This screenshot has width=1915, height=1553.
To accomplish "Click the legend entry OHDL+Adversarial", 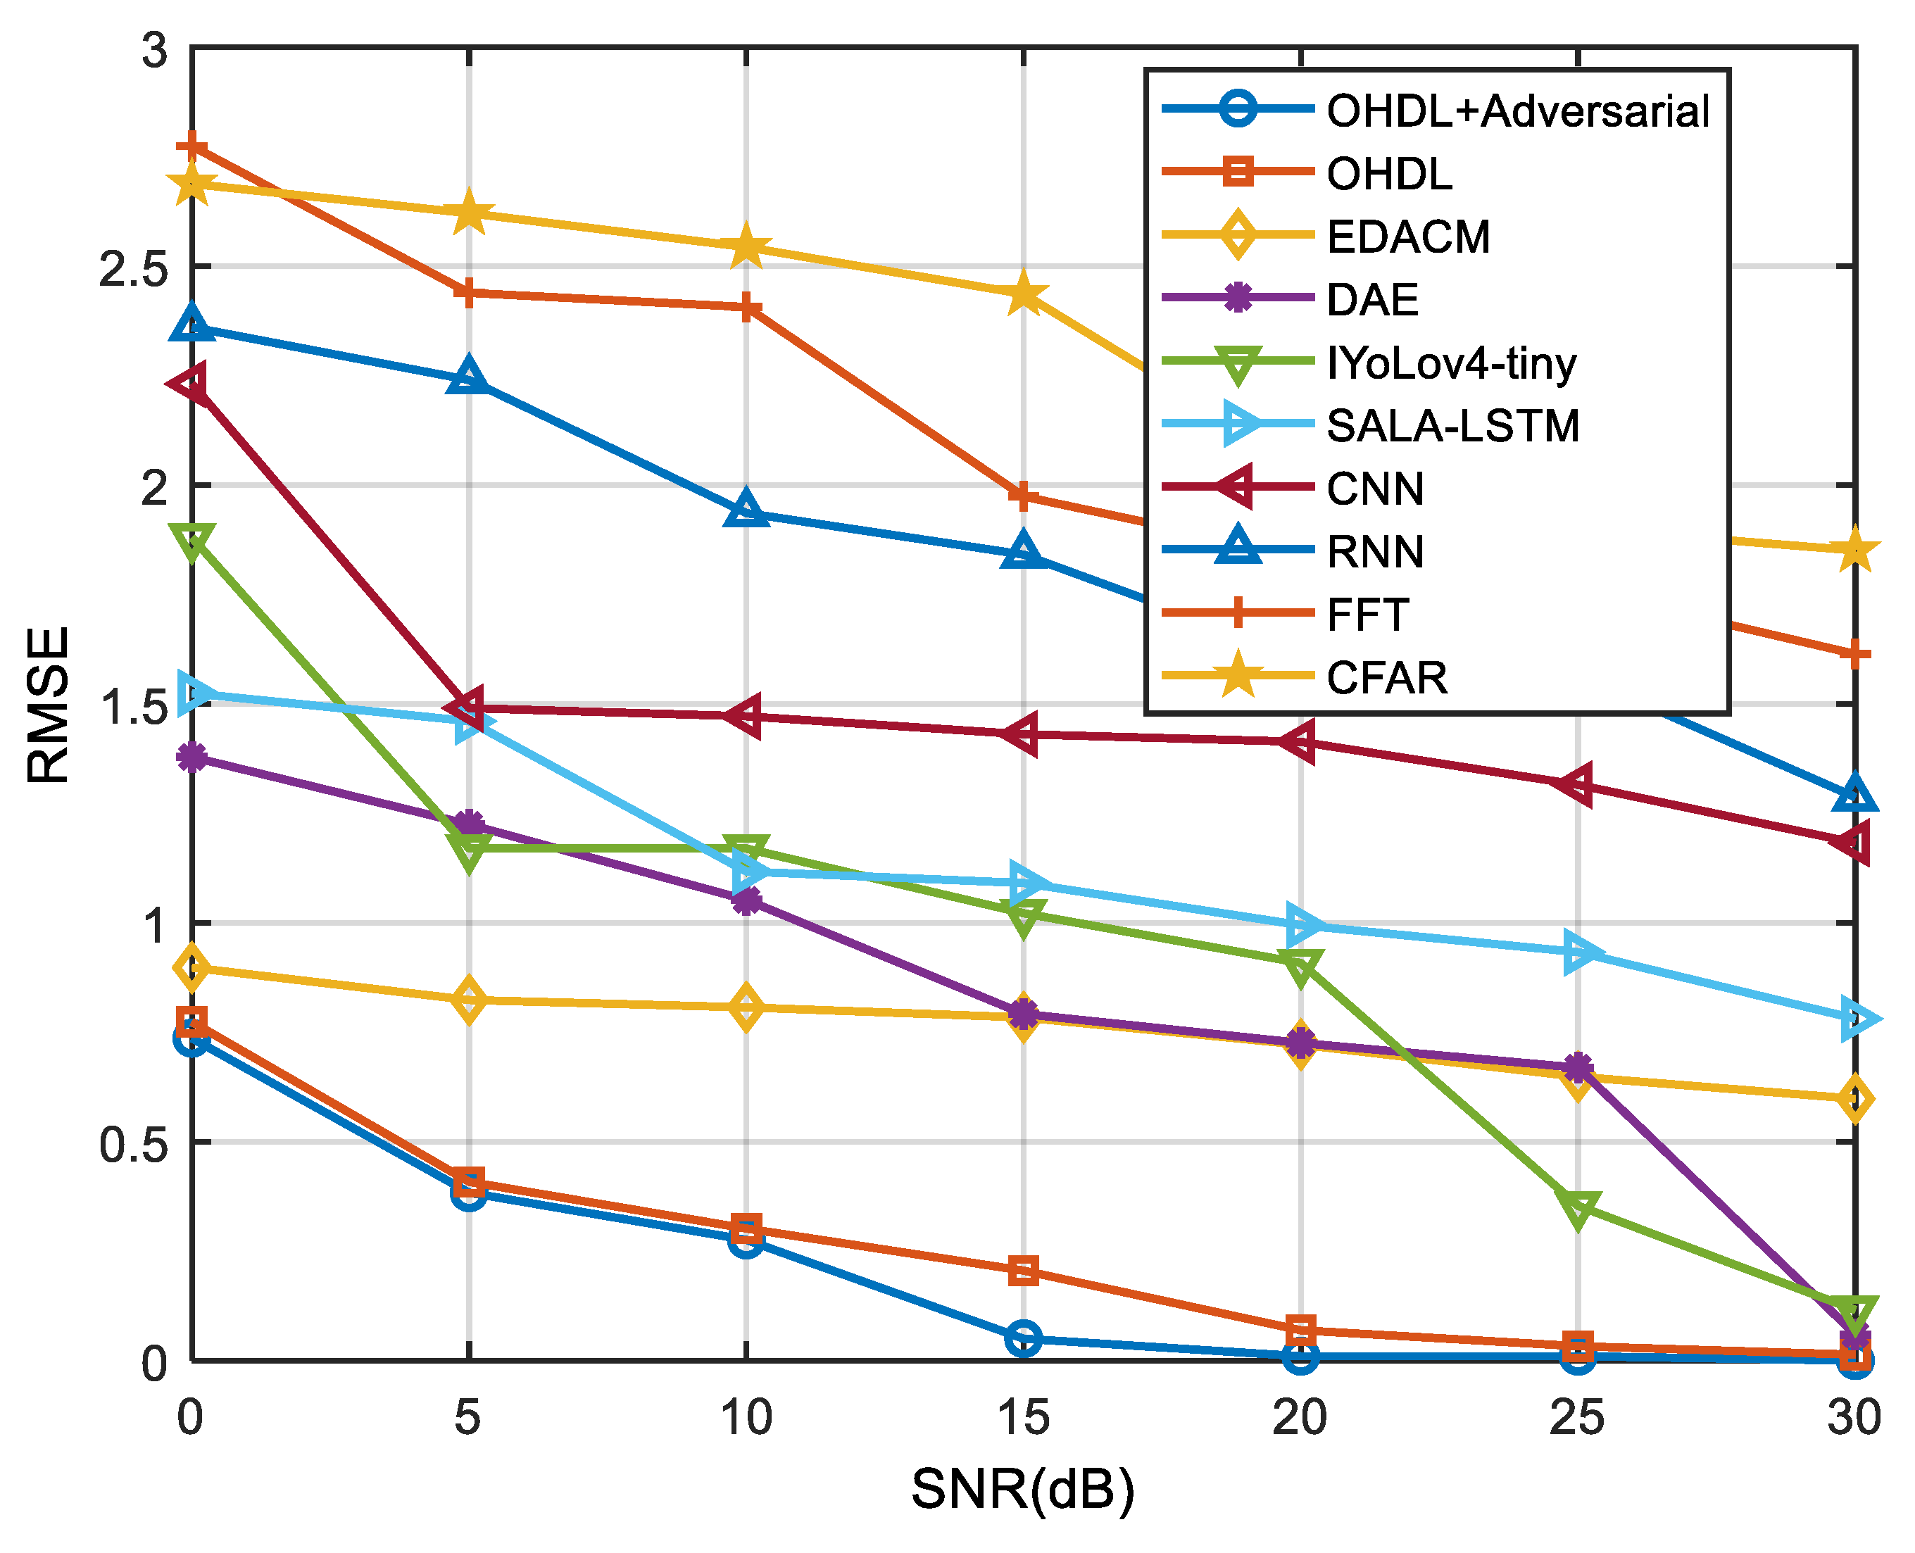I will (x=1518, y=112).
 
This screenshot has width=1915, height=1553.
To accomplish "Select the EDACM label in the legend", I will (x=1409, y=237).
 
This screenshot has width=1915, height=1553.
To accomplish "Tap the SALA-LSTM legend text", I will (x=1452, y=426).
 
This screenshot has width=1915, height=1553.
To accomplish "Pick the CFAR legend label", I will (x=1386, y=677).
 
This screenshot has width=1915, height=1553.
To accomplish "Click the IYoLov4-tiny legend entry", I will (x=1451, y=363).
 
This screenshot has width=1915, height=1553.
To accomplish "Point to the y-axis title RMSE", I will (x=49, y=705).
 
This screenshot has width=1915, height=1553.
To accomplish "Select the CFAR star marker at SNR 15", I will (x=1023, y=294).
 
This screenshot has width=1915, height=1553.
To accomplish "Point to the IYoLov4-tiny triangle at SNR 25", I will (x=1578, y=1207).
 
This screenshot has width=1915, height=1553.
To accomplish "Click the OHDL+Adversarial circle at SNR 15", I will (x=1023, y=1338).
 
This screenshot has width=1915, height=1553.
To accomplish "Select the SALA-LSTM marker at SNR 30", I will (x=1857, y=1019).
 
